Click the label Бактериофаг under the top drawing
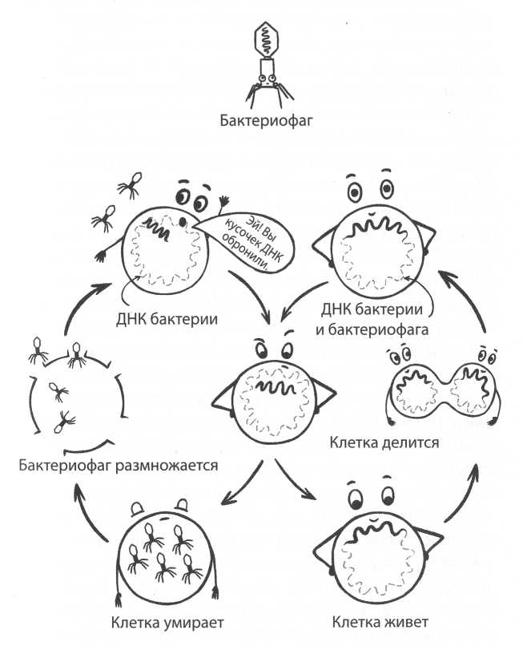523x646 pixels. tap(265, 122)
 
